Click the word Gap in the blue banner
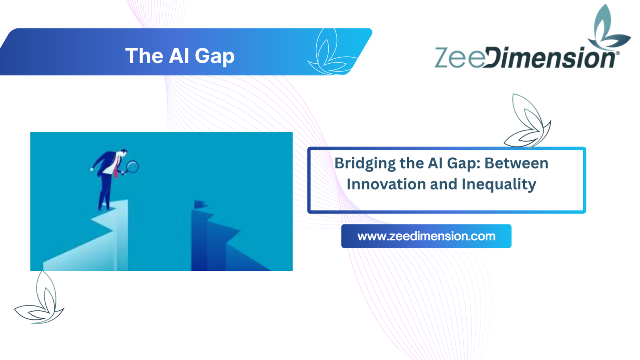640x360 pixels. (x=214, y=56)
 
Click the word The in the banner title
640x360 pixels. (x=144, y=56)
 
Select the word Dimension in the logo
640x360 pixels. (x=549, y=58)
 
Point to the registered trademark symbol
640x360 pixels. (x=618, y=53)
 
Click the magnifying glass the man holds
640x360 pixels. (x=132, y=167)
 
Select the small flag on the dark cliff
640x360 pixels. (x=201, y=204)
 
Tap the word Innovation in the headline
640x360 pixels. (x=386, y=184)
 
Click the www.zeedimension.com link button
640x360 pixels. (x=426, y=236)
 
